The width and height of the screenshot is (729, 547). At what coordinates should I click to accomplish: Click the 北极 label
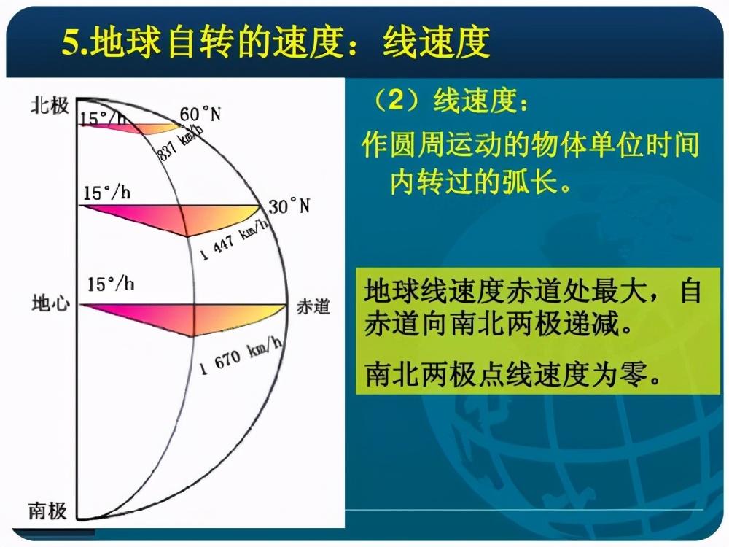(x=50, y=106)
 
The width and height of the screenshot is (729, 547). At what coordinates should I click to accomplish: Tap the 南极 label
(x=47, y=511)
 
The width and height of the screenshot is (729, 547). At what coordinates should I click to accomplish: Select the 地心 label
(x=51, y=303)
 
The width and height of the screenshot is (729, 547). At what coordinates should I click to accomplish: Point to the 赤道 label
(x=313, y=307)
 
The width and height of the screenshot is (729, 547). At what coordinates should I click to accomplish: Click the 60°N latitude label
(x=200, y=114)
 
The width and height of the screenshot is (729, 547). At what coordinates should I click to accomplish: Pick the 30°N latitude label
(x=289, y=206)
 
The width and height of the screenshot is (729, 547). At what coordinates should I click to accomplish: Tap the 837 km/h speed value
(x=180, y=143)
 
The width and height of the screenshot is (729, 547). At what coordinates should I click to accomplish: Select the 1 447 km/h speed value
(x=235, y=240)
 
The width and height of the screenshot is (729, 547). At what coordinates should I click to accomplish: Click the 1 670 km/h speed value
(x=241, y=356)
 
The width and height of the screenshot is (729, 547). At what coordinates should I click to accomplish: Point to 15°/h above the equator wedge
(x=111, y=284)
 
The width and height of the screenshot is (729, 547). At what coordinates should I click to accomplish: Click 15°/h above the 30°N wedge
(x=107, y=192)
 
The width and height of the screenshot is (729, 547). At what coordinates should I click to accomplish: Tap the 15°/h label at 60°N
(x=102, y=119)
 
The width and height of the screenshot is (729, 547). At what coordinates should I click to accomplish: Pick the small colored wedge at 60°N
(x=139, y=128)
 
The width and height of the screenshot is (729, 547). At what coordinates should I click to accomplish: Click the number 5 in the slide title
(x=70, y=43)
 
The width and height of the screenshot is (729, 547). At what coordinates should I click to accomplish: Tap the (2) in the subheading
(x=396, y=101)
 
